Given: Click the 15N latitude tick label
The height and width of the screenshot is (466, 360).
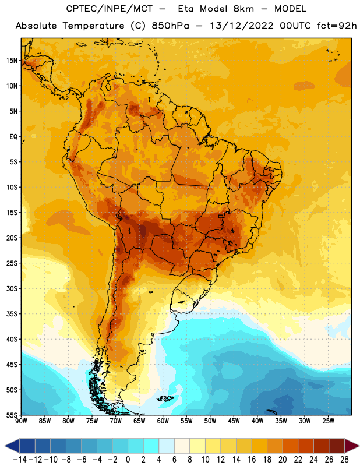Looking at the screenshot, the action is [x=12, y=61].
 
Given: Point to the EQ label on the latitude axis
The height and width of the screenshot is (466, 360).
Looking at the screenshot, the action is [x=13, y=137].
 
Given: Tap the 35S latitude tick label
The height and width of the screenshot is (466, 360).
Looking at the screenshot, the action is [x=12, y=314].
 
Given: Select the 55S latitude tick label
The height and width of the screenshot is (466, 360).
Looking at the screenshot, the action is [x=12, y=415].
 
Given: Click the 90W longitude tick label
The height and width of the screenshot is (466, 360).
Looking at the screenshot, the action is [x=22, y=421].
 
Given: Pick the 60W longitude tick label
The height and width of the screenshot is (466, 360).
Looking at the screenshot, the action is [x=163, y=421].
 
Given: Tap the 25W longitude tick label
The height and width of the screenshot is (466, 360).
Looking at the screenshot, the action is [x=328, y=421].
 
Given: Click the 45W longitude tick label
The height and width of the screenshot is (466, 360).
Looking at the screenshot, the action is [x=234, y=421].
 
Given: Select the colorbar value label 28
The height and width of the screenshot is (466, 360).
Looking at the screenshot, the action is [x=344, y=460].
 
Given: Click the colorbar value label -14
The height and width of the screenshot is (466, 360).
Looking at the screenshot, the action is [x=20, y=460].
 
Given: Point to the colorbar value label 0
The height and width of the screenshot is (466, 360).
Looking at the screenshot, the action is [x=128, y=460].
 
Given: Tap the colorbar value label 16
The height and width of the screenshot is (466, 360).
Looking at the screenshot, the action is [x=252, y=460].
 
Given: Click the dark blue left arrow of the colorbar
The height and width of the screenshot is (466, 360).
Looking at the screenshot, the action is [x=12, y=446].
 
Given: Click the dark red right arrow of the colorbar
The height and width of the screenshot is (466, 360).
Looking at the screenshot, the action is [x=352, y=446].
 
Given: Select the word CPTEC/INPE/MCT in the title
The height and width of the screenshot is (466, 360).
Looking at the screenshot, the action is [x=110, y=9].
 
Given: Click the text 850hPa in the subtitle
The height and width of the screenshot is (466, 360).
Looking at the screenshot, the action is [x=170, y=26].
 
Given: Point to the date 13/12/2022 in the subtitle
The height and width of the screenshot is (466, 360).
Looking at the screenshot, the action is [x=242, y=26].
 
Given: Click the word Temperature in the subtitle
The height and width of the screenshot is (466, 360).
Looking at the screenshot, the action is [x=93, y=26].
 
